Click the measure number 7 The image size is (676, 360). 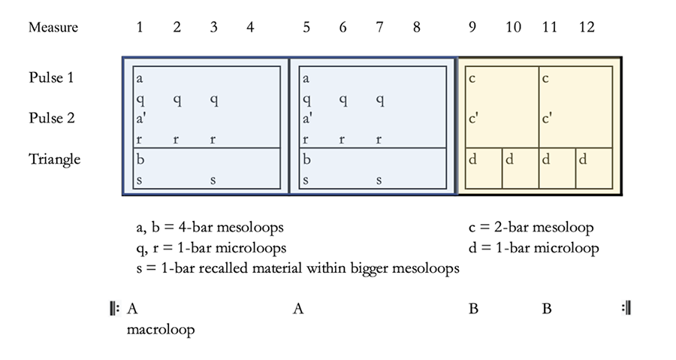(380, 28)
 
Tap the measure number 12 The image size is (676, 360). (587, 28)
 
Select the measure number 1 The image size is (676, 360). (140, 28)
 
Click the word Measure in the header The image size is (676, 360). (53, 28)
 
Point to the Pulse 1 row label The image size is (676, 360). (50, 77)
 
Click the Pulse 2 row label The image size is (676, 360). (50, 118)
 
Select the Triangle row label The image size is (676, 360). (54, 159)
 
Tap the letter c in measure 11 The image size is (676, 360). (546, 78)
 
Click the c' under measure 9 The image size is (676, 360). (474, 119)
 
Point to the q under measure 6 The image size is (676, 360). (343, 99)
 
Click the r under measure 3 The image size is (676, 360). (213, 140)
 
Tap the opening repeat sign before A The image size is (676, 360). (114, 308)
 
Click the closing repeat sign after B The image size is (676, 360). (625, 308)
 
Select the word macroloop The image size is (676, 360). (161, 330)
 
